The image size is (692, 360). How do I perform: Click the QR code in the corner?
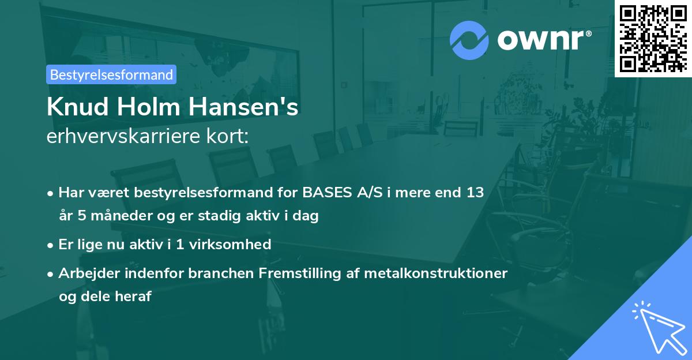click(653, 38)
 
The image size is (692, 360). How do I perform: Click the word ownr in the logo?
click(543, 40)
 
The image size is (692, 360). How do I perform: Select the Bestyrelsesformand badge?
click(111, 74)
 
